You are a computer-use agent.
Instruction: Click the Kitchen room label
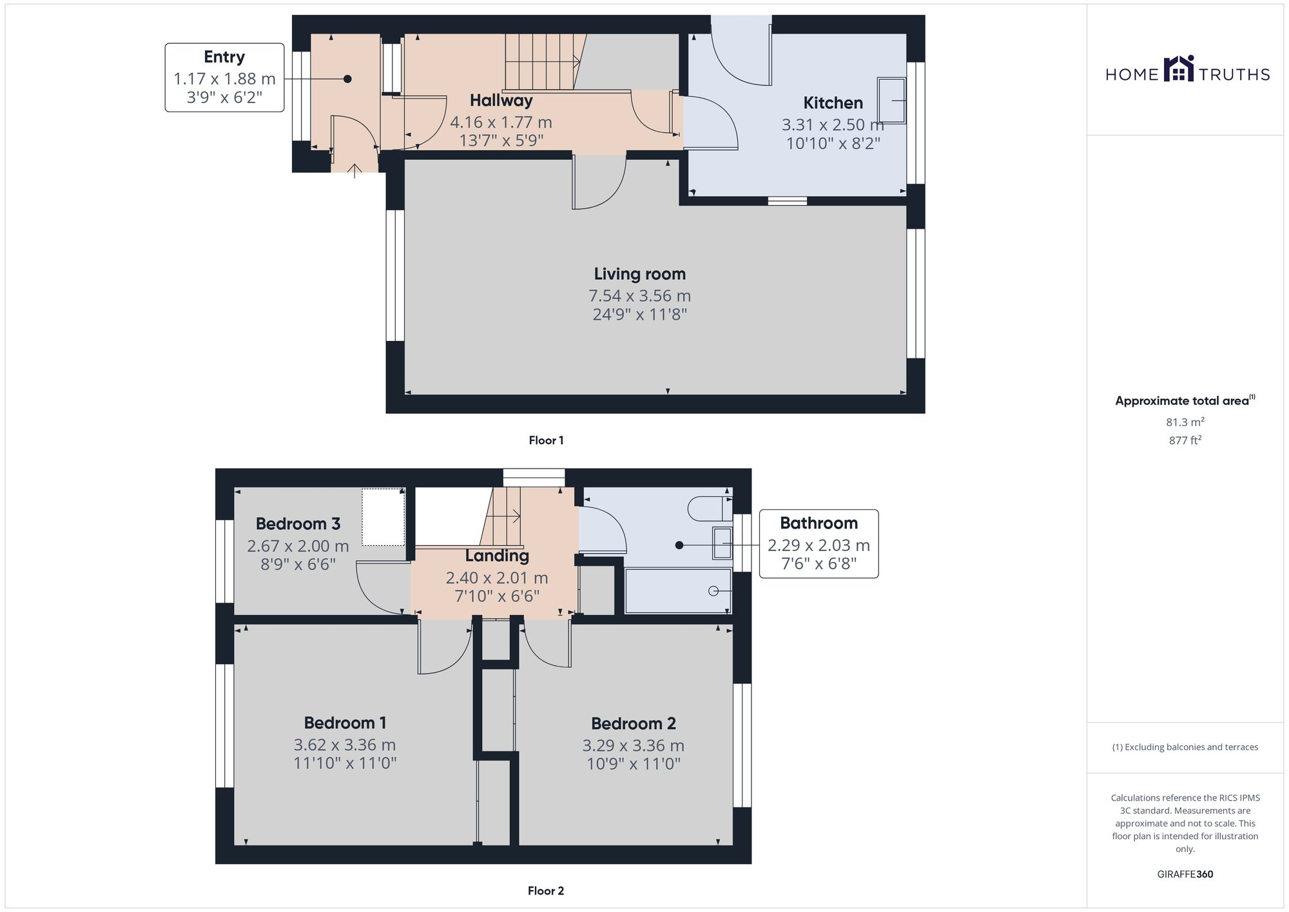click(832, 103)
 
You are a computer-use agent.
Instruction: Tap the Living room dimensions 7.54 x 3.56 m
click(639, 296)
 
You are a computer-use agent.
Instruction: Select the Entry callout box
click(224, 77)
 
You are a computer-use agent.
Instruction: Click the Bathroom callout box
click(819, 544)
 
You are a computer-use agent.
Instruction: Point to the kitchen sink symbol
click(891, 101)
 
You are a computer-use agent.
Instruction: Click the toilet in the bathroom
click(709, 509)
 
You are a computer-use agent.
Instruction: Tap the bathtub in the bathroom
click(678, 590)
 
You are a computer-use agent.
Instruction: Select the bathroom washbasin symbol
click(722, 543)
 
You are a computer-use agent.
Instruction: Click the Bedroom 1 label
click(345, 723)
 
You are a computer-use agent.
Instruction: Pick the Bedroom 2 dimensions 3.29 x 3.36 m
click(633, 746)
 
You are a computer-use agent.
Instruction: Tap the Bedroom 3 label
click(298, 524)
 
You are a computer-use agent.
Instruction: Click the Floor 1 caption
click(546, 440)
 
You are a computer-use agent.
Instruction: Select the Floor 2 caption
click(545, 891)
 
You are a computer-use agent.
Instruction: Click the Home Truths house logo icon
click(1178, 70)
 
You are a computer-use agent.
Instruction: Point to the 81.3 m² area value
click(1185, 422)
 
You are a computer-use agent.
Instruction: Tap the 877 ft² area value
click(1185, 440)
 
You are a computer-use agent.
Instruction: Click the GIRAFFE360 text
click(1185, 875)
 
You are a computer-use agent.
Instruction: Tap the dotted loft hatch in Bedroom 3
click(383, 517)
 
